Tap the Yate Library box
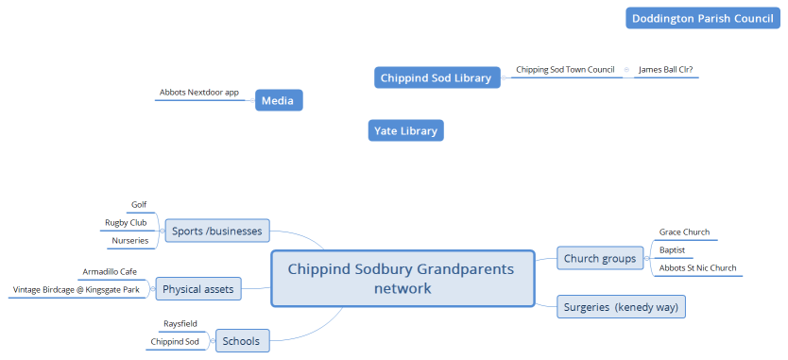pos(404,131)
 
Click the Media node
pos(278,100)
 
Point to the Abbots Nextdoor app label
pos(199,93)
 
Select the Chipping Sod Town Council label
pos(565,70)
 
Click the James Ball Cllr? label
pos(666,70)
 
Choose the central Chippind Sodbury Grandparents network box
pos(401,279)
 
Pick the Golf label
pos(138,204)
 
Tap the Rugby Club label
pos(126,223)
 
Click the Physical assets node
pos(198,288)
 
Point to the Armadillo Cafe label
pos(110,271)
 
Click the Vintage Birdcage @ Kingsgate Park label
pos(78,290)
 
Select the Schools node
pos(240,341)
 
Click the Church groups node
pos(601,258)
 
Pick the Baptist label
pos(672,250)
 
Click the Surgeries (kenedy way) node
pos(621,306)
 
